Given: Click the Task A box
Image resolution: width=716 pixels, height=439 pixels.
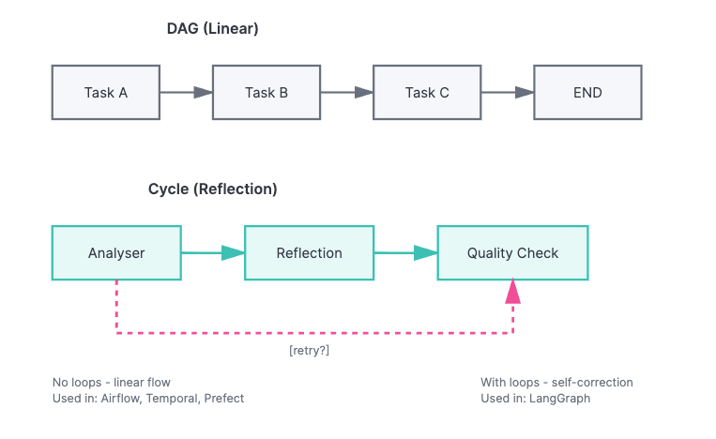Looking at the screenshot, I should pyautogui.click(x=106, y=92).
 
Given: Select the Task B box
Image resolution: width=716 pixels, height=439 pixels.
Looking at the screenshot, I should pyautogui.click(x=267, y=92).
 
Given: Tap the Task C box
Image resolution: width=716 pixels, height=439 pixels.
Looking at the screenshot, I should pyautogui.click(x=427, y=92).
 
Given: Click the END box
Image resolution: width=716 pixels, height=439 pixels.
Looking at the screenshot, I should pyautogui.click(x=587, y=92).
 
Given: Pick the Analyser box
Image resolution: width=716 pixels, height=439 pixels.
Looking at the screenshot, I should pyautogui.click(x=116, y=252).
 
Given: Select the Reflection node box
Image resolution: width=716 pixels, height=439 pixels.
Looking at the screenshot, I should pyautogui.click(x=309, y=252).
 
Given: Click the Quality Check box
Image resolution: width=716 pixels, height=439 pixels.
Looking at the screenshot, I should pyautogui.click(x=512, y=252).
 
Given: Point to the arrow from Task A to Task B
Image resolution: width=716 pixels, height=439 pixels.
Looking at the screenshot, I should pyautogui.click(x=186, y=92).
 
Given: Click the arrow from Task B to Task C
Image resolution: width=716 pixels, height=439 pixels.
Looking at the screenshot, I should pyautogui.click(x=346, y=92).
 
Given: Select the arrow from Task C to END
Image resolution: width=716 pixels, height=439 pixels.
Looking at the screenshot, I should pyautogui.click(x=507, y=92).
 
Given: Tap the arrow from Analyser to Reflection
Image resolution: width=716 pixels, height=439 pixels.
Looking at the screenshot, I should pyautogui.click(x=212, y=252).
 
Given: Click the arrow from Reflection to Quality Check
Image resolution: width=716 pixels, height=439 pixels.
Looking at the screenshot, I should pyautogui.click(x=405, y=252).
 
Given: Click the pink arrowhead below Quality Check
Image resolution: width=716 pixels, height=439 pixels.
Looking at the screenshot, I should pyautogui.click(x=512, y=291).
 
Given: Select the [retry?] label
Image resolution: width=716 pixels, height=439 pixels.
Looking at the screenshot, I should pyautogui.click(x=309, y=351).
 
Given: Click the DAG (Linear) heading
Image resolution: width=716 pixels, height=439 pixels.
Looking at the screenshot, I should pyautogui.click(x=212, y=29).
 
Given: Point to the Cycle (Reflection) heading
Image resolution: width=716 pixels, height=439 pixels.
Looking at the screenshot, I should pyautogui.click(x=212, y=189).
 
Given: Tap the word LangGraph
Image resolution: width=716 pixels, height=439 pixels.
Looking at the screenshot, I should pyautogui.click(x=560, y=399).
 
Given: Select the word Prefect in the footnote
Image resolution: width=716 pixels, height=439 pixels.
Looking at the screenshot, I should pyautogui.click(x=224, y=399).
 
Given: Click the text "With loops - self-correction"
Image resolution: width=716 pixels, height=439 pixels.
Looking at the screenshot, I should pyautogui.click(x=556, y=383).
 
